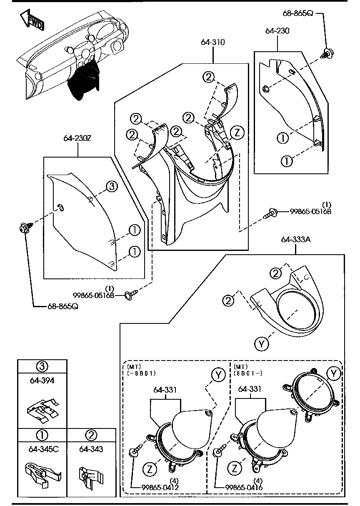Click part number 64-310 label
tap(213, 42)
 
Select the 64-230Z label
tap(77, 138)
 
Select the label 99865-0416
tap(244, 487)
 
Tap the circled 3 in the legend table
tap(42, 366)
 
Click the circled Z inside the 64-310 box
tap(237, 133)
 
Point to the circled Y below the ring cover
tap(261, 343)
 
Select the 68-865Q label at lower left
tap(62, 307)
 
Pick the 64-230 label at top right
tap(277, 30)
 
